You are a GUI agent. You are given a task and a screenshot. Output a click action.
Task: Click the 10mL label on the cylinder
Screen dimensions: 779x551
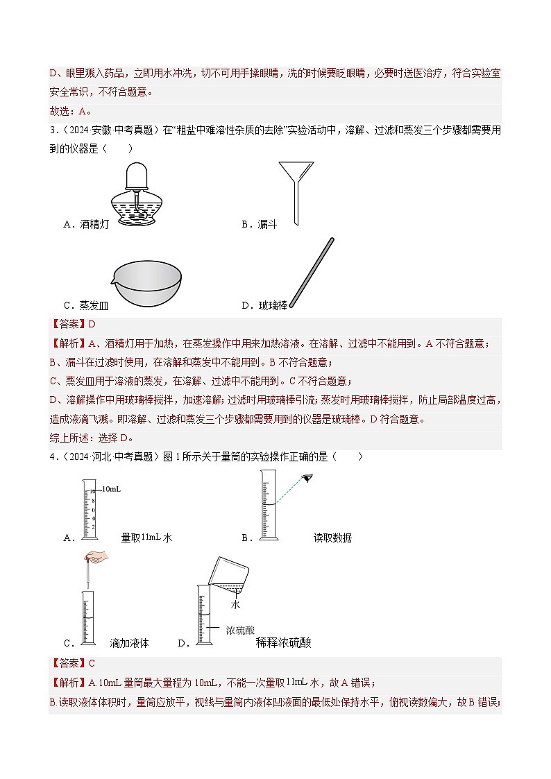click(111, 490)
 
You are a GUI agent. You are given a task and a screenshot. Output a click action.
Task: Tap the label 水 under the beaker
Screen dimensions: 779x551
click(235, 605)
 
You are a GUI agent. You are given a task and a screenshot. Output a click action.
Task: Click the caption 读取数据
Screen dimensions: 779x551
click(332, 538)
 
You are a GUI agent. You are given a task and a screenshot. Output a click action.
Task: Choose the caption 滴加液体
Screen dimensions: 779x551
click(130, 643)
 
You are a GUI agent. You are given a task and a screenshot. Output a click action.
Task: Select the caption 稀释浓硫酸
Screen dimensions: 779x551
click(283, 643)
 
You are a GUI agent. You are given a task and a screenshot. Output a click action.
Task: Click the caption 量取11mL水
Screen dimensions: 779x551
click(146, 538)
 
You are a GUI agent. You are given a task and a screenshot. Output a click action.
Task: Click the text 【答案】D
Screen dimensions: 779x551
click(73, 324)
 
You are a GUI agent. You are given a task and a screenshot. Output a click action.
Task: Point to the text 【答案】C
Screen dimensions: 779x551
click(73, 662)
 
